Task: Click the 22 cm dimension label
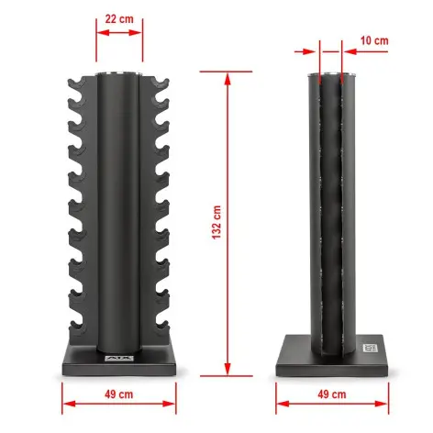tap(119, 18)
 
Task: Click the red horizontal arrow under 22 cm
tap(119, 32)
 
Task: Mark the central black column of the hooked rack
tap(119, 211)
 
